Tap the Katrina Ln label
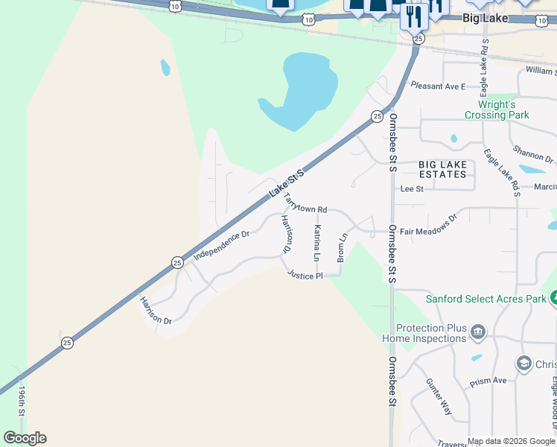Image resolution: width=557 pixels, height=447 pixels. (x=317, y=243)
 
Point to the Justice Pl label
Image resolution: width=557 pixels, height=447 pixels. (x=305, y=276)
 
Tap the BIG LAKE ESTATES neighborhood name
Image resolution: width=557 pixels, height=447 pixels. (x=442, y=169)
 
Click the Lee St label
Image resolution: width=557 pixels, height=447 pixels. (x=412, y=189)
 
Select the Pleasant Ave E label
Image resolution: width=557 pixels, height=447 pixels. (x=438, y=86)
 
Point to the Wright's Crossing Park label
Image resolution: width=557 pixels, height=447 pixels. (x=497, y=110)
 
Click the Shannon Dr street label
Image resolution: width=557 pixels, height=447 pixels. (x=539, y=159)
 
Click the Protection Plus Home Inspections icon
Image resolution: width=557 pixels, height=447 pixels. (x=477, y=332)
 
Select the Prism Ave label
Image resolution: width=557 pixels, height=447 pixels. (x=488, y=382)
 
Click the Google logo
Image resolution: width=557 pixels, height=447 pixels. (x=25, y=438)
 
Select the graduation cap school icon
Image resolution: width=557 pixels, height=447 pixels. (x=523, y=363)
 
